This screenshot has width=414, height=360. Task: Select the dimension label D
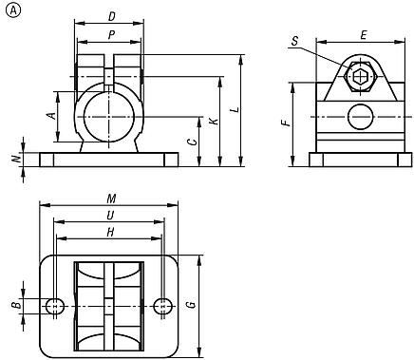(x=111, y=16)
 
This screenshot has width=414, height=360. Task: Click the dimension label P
(x=111, y=35)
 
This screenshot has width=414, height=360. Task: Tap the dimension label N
(x=14, y=160)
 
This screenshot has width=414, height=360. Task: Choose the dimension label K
(x=215, y=122)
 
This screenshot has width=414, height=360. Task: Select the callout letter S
(x=295, y=41)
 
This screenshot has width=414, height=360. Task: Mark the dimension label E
(x=365, y=34)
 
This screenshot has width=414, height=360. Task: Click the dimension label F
(x=283, y=124)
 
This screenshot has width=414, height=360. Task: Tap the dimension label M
(x=111, y=199)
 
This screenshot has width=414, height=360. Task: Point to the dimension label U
(x=111, y=216)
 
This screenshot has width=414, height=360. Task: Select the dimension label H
(x=111, y=231)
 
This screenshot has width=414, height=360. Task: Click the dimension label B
(x=14, y=305)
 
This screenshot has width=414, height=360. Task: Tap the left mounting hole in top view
(x=56, y=305)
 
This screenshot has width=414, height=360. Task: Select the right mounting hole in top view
(x=164, y=305)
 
